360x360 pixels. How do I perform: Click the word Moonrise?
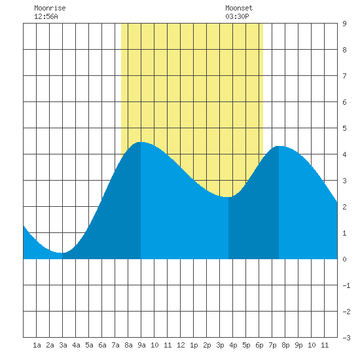[50, 8]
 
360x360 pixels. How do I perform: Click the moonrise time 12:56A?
[46, 16]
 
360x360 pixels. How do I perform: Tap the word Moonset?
[239, 8]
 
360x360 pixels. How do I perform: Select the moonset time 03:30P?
[237, 16]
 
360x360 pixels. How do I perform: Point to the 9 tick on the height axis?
[344, 24]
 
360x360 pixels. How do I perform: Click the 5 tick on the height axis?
[344, 128]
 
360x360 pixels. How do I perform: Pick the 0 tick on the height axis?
[344, 259]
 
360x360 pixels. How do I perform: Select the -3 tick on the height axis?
[346, 338]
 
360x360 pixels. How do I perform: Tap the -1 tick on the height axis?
[346, 285]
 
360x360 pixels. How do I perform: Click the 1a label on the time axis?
[37, 345]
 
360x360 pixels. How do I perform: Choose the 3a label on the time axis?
[63, 345]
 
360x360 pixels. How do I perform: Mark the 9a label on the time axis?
[141, 345]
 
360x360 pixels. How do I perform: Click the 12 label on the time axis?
[181, 345]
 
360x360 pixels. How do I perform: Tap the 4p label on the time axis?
[233, 345]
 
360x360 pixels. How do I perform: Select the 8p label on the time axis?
[285, 345]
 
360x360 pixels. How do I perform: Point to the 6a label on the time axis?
[102, 345]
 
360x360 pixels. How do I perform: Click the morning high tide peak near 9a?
[141, 142]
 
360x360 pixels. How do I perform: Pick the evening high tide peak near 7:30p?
[279, 146]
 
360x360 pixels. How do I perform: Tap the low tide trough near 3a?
[62, 253]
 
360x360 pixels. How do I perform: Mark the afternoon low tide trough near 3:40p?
[228, 197]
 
